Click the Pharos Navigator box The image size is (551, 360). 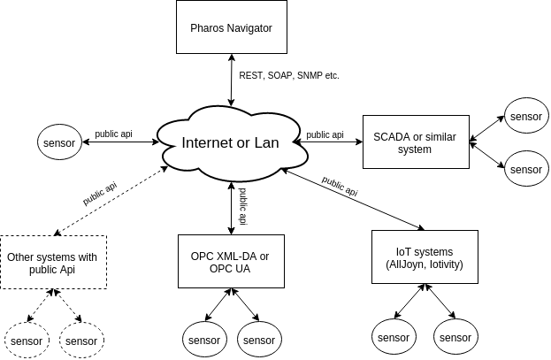(231, 27)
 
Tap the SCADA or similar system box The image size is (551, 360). (415, 142)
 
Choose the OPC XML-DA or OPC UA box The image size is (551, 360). (231, 262)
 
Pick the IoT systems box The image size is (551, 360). (425, 257)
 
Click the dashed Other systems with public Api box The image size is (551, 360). (53, 262)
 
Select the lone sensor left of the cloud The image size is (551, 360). (59, 142)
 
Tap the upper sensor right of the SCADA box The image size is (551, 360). (526, 116)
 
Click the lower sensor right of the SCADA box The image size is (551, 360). (526, 168)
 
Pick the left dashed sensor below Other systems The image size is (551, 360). (27, 341)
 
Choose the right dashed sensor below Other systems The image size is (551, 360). (81, 341)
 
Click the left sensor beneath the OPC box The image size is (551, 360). (204, 340)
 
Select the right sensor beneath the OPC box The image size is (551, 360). (259, 340)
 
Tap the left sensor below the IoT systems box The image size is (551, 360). (394, 337)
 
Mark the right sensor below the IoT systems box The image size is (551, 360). (455, 337)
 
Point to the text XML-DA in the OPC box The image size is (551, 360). (234, 257)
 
